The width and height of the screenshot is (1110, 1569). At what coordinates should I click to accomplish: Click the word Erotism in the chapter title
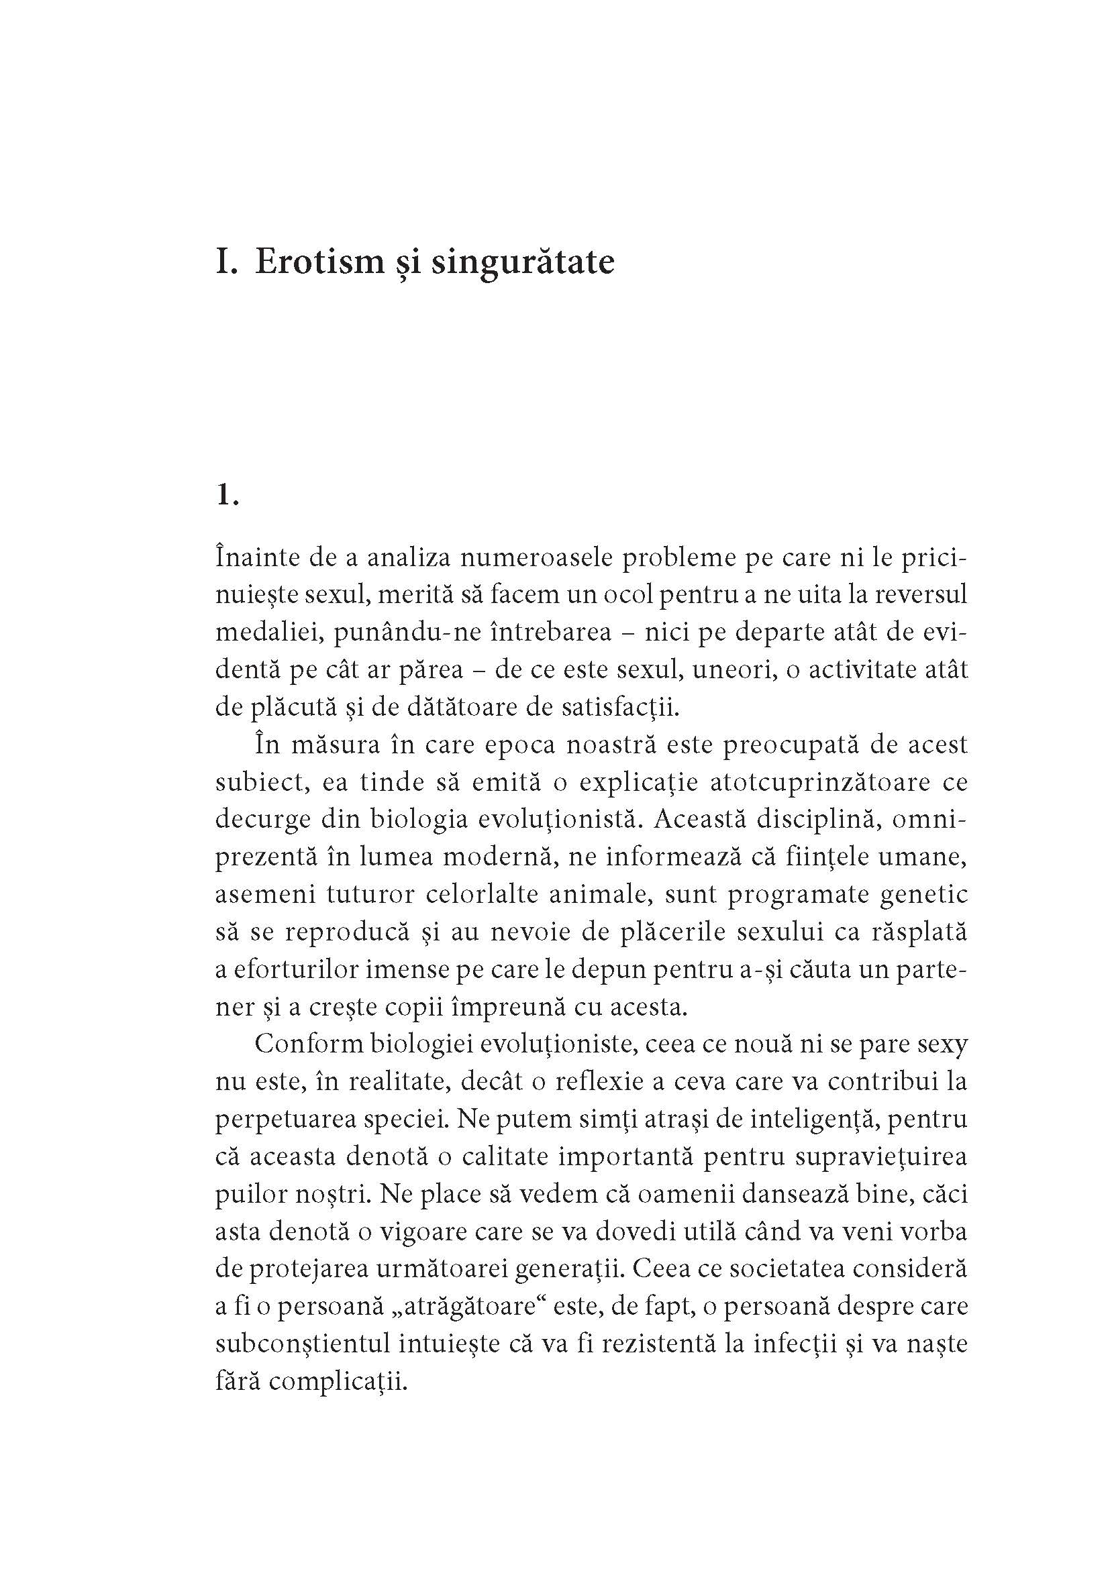tap(320, 263)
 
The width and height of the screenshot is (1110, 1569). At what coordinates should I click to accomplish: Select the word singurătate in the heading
tap(523, 263)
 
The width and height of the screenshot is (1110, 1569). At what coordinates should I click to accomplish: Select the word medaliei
tap(268, 632)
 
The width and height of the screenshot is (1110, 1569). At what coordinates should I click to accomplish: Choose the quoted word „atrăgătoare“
tap(466, 1306)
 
